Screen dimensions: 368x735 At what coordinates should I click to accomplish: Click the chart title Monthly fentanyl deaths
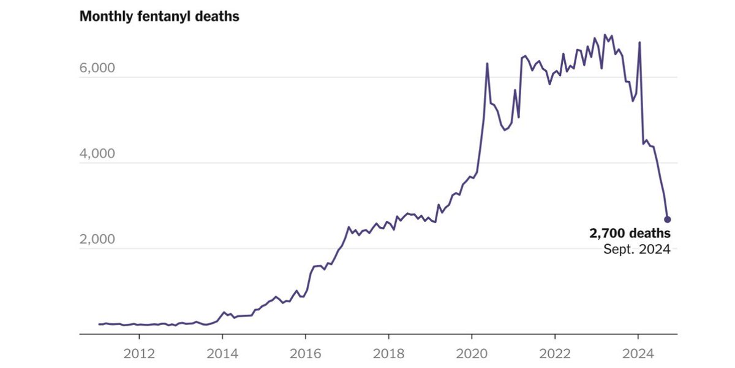(x=159, y=17)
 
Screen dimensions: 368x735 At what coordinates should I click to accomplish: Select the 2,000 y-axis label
(x=98, y=239)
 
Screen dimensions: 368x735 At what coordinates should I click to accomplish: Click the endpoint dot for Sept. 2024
(x=668, y=219)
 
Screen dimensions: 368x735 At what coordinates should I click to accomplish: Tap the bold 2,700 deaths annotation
(x=630, y=234)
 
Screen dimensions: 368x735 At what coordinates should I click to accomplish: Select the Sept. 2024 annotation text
(x=636, y=250)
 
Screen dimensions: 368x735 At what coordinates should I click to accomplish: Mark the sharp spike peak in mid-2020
(x=487, y=63)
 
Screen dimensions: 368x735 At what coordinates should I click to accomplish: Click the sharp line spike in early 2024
(x=639, y=42)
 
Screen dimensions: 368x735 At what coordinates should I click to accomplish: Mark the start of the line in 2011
(x=99, y=324)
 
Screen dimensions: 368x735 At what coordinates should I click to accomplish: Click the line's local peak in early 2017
(x=349, y=227)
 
